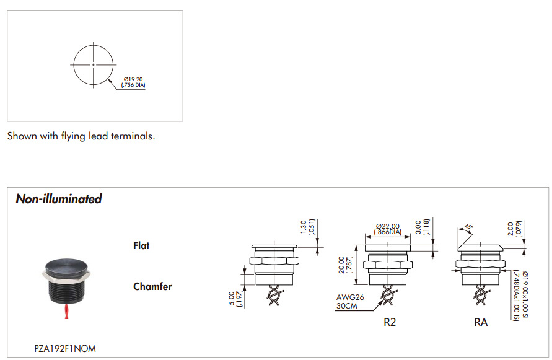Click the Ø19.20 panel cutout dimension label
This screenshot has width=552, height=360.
133,82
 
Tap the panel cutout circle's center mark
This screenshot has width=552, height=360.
94,65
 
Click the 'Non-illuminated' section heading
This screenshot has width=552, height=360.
59,199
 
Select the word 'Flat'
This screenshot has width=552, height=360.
141,245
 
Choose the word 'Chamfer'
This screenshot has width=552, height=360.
152,286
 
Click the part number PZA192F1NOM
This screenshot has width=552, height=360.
65,349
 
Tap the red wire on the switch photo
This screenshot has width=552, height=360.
66,312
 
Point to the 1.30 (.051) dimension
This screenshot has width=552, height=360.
307,227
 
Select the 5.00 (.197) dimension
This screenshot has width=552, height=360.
235,299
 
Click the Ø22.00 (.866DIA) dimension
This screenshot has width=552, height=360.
388,229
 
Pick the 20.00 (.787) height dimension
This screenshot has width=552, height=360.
344,265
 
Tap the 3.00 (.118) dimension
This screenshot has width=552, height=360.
422,227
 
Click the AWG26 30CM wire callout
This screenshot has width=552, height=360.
350,302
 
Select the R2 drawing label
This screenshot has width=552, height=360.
390,322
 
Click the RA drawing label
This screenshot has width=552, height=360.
481,322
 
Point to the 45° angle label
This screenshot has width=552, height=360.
469,227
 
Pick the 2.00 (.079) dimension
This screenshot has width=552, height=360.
514,229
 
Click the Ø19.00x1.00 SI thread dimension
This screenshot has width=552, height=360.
525,295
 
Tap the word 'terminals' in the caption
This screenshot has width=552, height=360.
133,136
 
